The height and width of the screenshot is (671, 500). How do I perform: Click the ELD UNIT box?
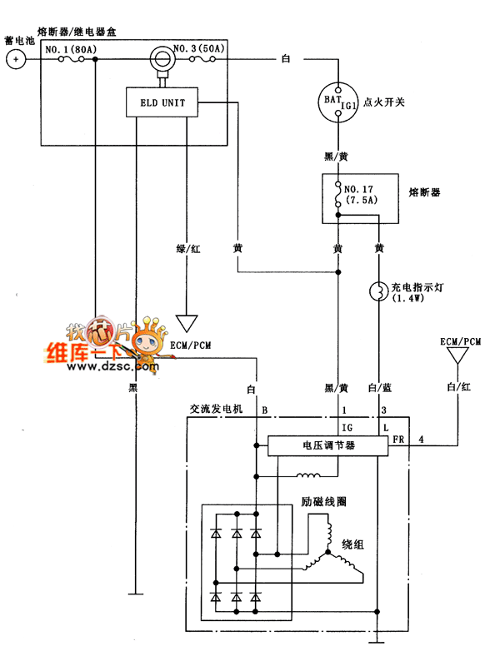pyautogui.click(x=163, y=104)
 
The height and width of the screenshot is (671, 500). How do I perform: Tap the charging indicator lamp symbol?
pyautogui.click(x=379, y=291)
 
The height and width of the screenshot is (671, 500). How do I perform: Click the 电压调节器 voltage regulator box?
pyautogui.click(x=328, y=446)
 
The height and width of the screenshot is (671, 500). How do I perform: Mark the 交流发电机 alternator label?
pyautogui.click(x=215, y=410)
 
